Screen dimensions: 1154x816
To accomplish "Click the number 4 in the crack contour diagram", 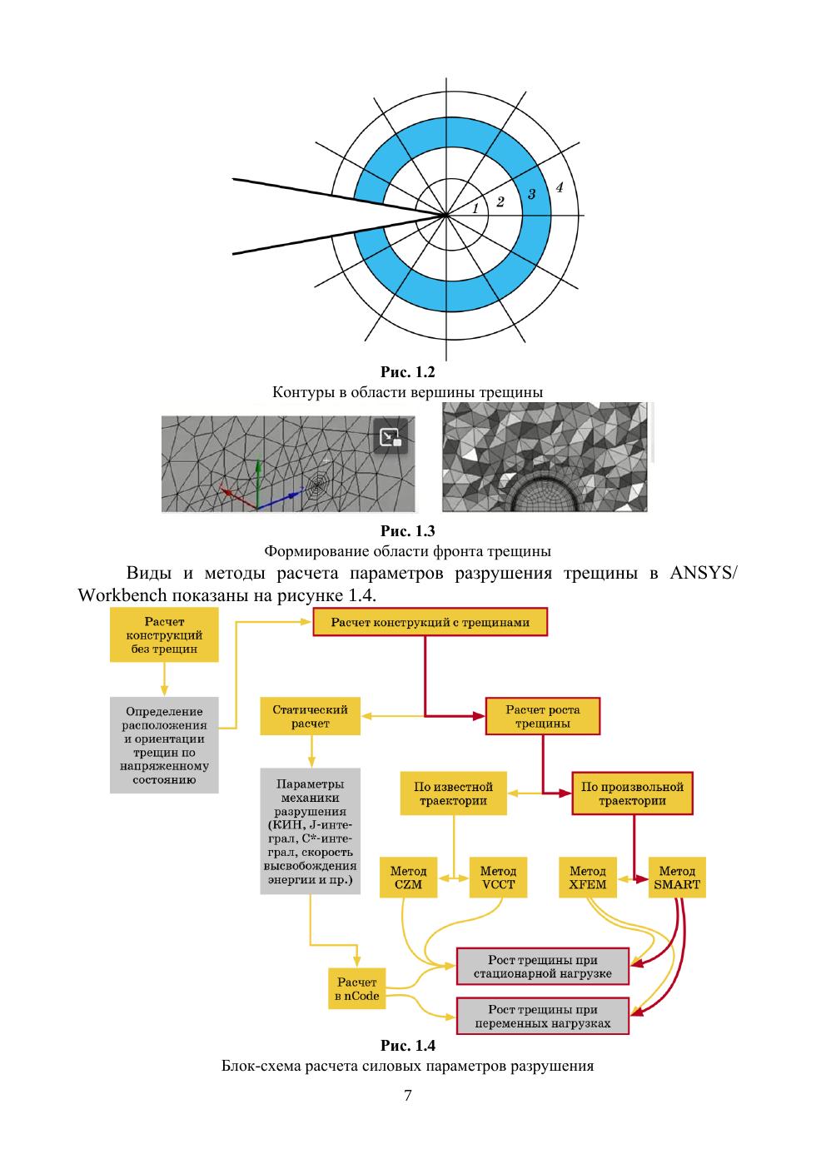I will [560, 187].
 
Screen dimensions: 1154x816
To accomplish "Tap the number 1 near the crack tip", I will [475, 209].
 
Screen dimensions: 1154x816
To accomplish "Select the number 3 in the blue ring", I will [531, 194].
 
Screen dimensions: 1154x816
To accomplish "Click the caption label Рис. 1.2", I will [407, 372].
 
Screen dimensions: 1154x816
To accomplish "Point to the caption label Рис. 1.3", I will [407, 531].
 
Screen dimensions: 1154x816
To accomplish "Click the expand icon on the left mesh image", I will [390, 438].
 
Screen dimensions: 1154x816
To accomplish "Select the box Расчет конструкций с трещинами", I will [430, 622].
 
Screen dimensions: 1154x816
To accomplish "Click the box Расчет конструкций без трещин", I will [164, 634].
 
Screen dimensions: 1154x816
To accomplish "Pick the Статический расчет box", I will [310, 716].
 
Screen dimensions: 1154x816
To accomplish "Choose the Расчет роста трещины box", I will [543, 716].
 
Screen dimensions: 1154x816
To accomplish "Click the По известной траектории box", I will [455, 793].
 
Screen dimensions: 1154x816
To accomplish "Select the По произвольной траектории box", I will [632, 793].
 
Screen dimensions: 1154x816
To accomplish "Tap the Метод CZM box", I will [408, 878].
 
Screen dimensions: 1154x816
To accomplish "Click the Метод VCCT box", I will [498, 878].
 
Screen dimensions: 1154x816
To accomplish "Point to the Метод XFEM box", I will [588, 878].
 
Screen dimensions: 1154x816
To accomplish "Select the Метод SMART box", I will [677, 878].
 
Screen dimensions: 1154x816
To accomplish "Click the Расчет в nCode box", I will [356, 989].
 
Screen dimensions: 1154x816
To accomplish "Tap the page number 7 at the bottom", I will [407, 1096].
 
